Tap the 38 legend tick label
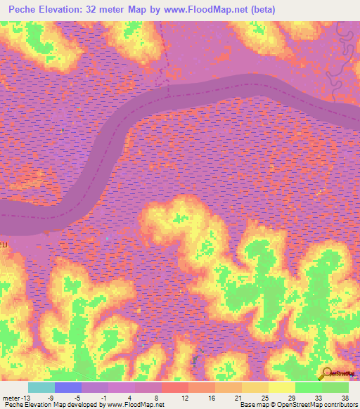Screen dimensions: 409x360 pos(344,397)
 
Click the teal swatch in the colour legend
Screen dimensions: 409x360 pos(41,387)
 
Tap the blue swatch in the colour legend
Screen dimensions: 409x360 pos(68,387)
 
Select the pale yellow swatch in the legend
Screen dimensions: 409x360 pos(282,387)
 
